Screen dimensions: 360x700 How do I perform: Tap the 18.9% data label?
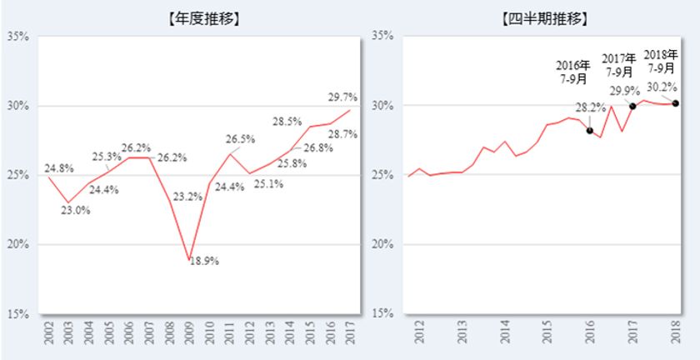[x=202, y=261]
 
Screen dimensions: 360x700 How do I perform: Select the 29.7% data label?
[x=342, y=97]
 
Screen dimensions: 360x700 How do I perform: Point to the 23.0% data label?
[x=77, y=210]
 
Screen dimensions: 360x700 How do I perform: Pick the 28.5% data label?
[x=287, y=122]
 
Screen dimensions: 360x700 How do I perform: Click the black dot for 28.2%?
[x=590, y=131]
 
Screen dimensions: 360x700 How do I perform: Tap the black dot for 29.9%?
[x=632, y=106]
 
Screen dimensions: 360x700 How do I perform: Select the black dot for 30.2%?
[x=675, y=103]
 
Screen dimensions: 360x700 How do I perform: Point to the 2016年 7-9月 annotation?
[x=572, y=72]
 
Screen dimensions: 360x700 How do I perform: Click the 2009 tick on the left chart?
[x=190, y=332]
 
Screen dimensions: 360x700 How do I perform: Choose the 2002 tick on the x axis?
[x=49, y=332]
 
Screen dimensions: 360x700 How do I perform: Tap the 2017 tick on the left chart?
[x=351, y=332]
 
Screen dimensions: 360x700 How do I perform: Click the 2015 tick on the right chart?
[x=547, y=332]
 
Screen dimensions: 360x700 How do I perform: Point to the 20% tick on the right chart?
[x=380, y=244]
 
